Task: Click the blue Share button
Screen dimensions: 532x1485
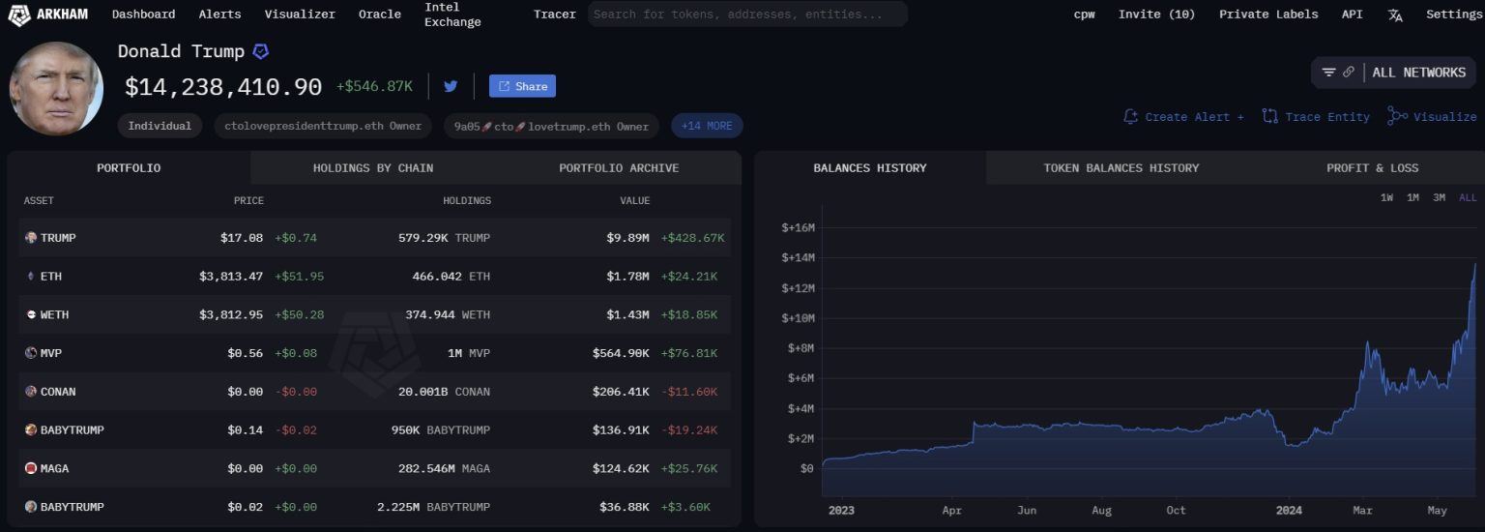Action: coord(522,86)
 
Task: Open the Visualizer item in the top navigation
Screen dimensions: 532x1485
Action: coord(300,15)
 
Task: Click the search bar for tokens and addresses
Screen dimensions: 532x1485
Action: coord(746,15)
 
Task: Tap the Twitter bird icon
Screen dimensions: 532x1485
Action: coord(451,86)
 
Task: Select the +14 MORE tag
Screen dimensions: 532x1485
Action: coord(707,126)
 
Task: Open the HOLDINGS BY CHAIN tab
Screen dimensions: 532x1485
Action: coord(372,168)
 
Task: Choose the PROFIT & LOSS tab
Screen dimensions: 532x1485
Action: coord(1372,168)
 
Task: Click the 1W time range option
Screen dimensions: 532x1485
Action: coord(1386,198)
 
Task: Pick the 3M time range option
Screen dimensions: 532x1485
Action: coord(1439,198)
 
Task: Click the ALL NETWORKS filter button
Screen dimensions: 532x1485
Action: coord(1394,73)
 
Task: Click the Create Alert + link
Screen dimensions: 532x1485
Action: coord(1184,117)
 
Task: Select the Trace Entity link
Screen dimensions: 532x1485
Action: coord(1317,117)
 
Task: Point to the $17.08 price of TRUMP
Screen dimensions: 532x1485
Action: coord(242,238)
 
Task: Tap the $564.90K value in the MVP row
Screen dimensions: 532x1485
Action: coord(621,354)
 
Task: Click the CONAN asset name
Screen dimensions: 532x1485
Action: coord(57,392)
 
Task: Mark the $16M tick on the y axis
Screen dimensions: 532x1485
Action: coord(798,228)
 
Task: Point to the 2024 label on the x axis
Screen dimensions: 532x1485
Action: coord(1289,510)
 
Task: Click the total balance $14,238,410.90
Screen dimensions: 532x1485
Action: coord(223,87)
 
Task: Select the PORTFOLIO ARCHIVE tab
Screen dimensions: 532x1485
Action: coord(619,168)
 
